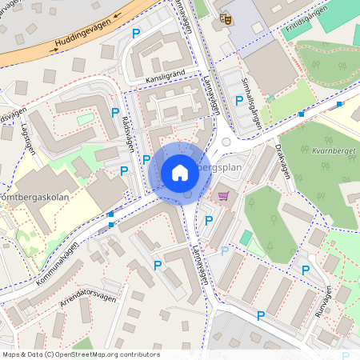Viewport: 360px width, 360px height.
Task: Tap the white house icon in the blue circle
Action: (180, 172)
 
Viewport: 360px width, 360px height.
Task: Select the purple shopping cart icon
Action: (223, 195)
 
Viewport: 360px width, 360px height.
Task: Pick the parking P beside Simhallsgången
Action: (238, 101)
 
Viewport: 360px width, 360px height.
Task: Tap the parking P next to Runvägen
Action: (305, 271)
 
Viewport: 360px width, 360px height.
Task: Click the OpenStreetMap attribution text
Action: (81, 354)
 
